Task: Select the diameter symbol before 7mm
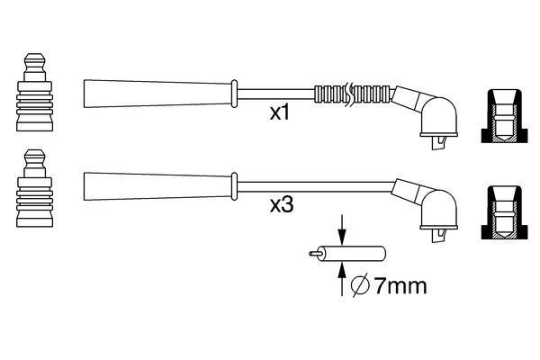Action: click(358, 287)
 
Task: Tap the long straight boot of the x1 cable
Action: click(157, 93)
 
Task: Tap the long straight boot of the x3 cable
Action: click(157, 185)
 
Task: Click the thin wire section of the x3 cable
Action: click(315, 185)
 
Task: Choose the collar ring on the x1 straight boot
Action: click(235, 93)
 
